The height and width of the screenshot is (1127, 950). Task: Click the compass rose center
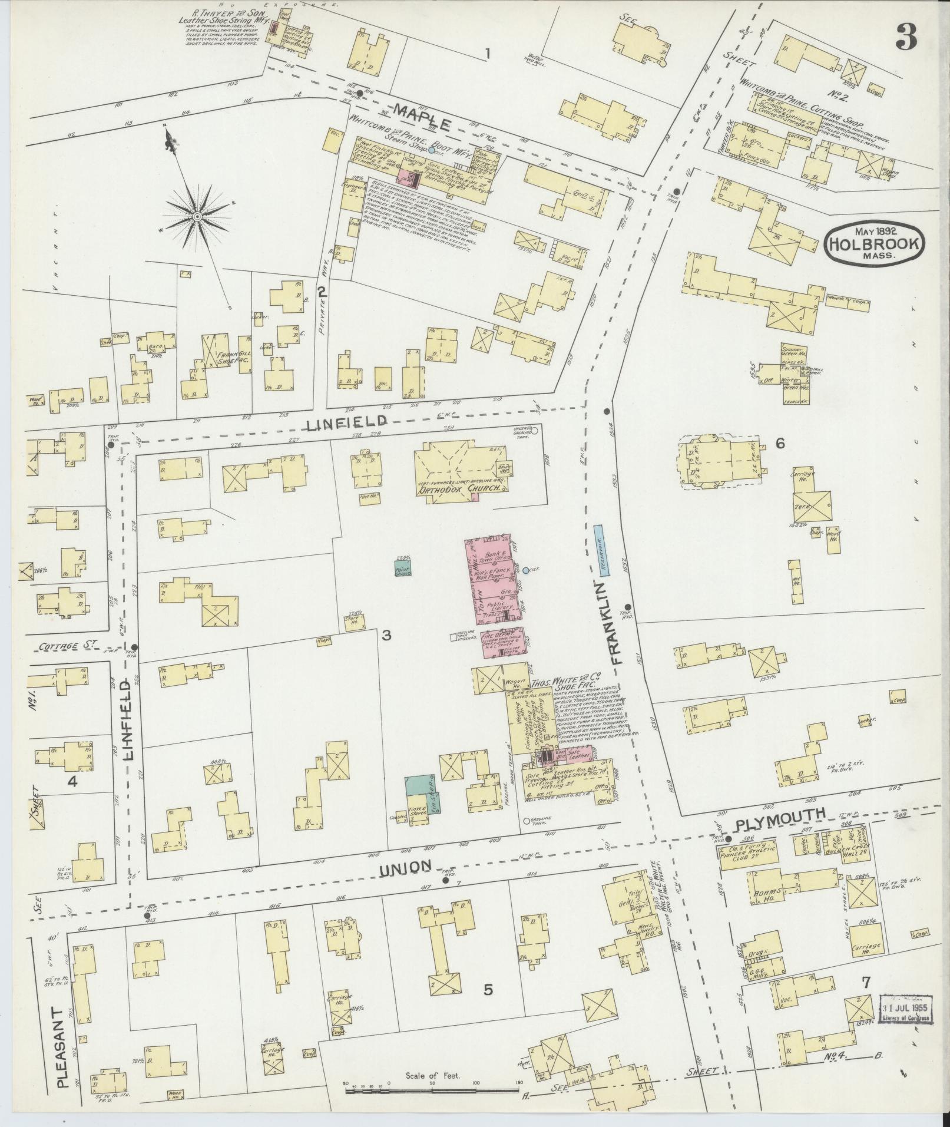pos(196,218)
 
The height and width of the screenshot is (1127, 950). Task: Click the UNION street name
pos(406,865)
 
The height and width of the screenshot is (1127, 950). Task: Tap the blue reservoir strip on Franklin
pos(599,551)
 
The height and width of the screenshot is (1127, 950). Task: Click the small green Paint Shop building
pos(403,568)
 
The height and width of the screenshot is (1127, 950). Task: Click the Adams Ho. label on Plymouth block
pos(767,909)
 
